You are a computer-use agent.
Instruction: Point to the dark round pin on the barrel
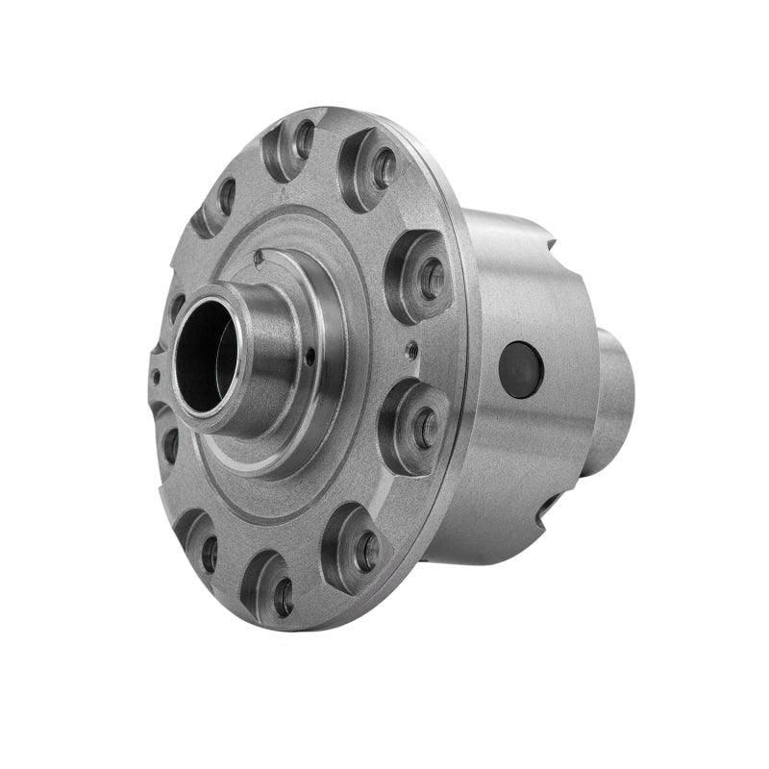(521, 369)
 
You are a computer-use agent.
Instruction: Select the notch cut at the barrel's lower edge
(546, 507)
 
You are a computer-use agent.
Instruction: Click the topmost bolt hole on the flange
(304, 139)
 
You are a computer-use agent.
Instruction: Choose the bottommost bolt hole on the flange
(284, 597)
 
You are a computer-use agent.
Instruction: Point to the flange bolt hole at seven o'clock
(209, 553)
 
